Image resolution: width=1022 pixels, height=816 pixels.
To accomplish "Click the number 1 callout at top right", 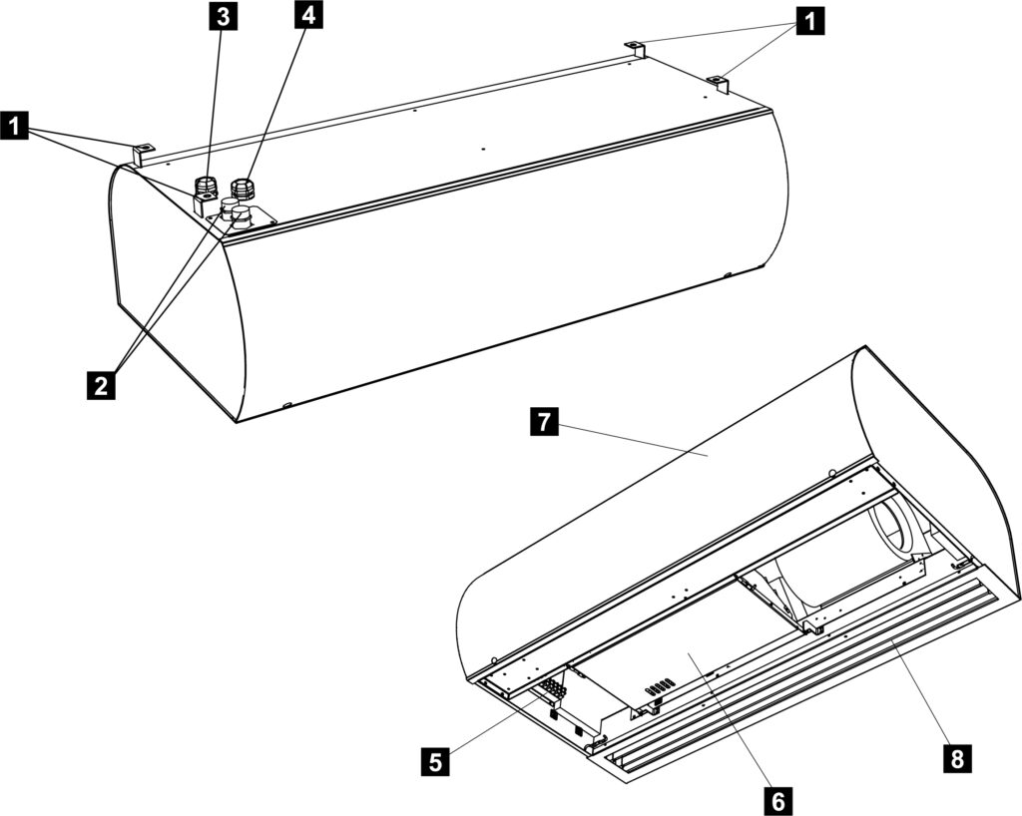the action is pos(808,22).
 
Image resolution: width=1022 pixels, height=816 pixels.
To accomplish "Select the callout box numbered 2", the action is pos(101,385).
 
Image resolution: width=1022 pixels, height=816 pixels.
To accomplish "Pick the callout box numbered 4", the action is pos(309,15).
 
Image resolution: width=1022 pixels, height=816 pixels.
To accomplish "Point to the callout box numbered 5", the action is pos(436,761).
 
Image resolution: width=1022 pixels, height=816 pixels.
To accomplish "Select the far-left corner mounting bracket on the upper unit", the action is pos(143,154).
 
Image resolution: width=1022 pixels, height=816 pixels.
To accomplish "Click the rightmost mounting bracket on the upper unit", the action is pos(718,84).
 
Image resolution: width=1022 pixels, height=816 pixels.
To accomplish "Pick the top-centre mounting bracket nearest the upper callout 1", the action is pos(634,49).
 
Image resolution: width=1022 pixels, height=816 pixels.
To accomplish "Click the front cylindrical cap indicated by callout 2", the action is pos(242,215).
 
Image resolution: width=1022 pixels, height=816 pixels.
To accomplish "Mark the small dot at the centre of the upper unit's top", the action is pos(483,149).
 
